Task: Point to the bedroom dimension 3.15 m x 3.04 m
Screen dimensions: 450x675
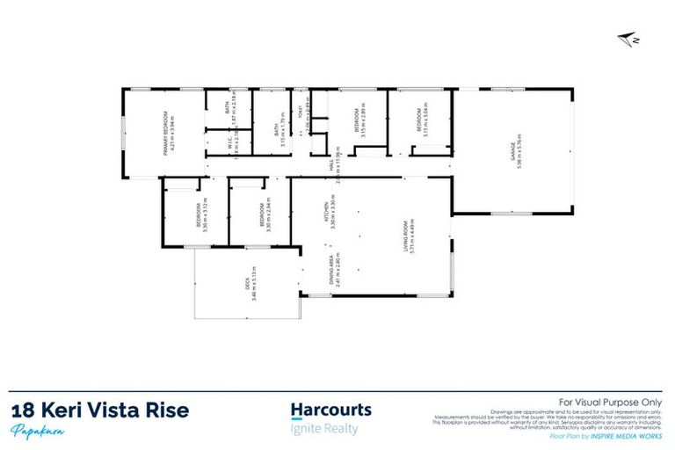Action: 425,122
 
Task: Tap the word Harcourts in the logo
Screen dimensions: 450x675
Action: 330,410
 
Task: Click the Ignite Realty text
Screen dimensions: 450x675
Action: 324,428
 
